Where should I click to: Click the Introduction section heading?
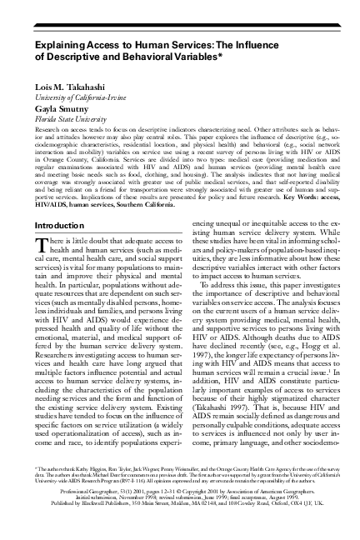(x=59, y=226)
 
